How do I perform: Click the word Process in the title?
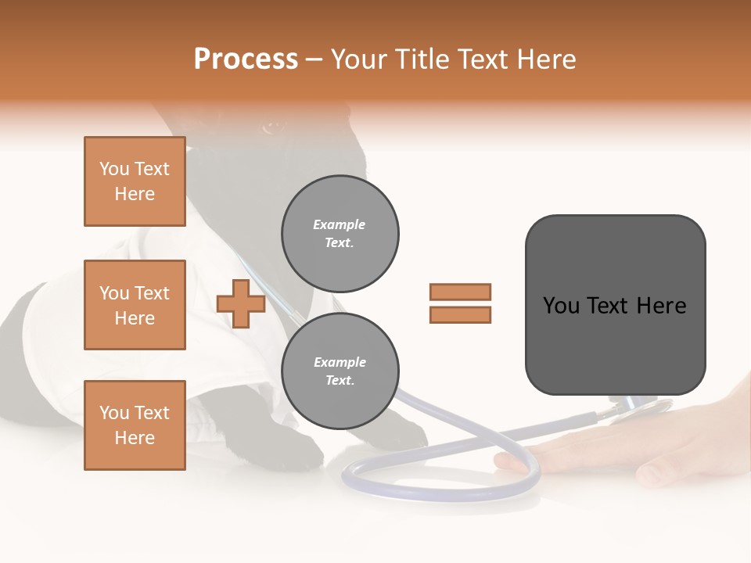tap(246, 59)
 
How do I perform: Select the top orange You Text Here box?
tap(135, 181)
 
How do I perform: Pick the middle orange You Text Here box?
tap(135, 305)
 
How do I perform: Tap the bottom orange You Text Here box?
tap(135, 425)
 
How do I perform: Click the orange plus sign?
tap(241, 303)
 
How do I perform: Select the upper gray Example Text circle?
tap(340, 234)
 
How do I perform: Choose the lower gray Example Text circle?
tap(340, 371)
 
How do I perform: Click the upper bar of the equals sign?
tap(460, 292)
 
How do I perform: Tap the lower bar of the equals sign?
tap(460, 314)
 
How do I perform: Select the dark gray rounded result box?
tap(615, 305)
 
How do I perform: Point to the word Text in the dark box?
tap(614, 306)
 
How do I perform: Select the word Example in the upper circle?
tap(340, 224)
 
